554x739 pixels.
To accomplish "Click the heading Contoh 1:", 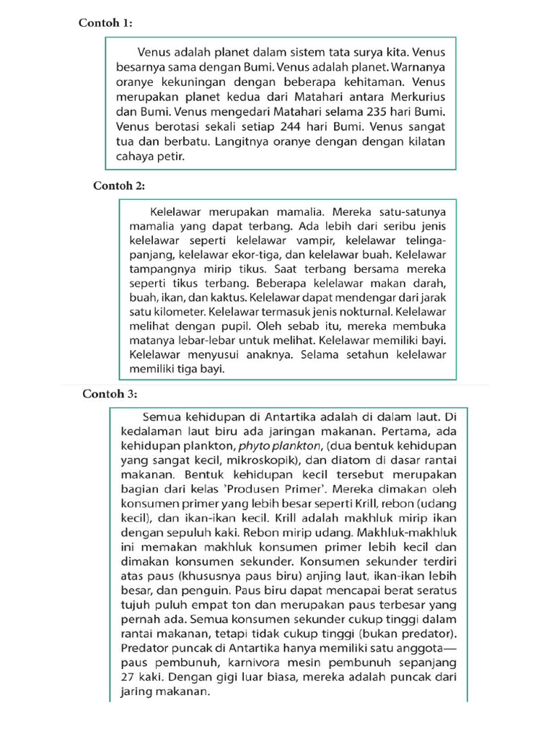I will pyautogui.click(x=105, y=23).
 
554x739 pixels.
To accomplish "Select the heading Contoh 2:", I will pyautogui.click(x=119, y=185).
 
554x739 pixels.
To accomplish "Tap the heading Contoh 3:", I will pyautogui.click(x=109, y=394).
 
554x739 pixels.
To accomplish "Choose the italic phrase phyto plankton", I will pyautogui.click(x=277, y=446).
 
